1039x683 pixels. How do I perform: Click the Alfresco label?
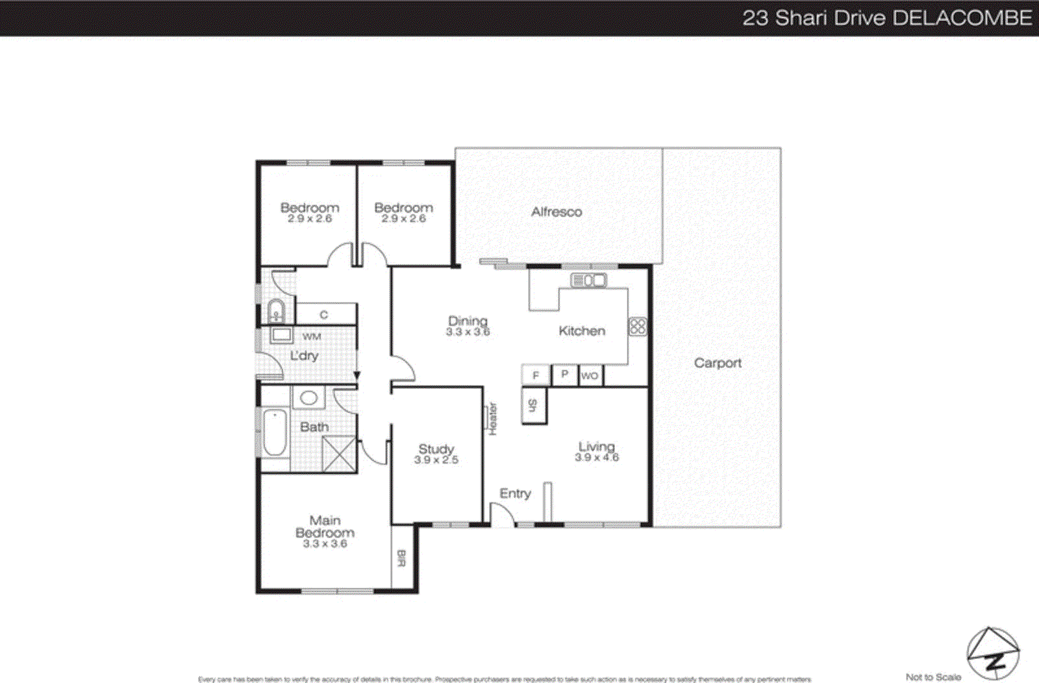(x=557, y=212)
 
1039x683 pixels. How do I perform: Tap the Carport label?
(x=718, y=363)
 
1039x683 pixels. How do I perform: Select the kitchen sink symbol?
(x=588, y=280)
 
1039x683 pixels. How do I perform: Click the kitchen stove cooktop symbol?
(x=638, y=327)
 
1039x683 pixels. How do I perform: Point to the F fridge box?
(x=536, y=375)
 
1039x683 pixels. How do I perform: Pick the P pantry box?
(x=564, y=375)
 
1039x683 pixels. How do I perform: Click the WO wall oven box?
(x=590, y=375)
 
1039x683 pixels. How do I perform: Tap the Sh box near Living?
(x=533, y=406)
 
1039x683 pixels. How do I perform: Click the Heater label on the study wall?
(x=492, y=419)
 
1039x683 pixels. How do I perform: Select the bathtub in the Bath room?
(x=275, y=432)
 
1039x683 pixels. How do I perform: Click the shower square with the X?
(x=339, y=454)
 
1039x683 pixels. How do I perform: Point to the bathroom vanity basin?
(x=308, y=397)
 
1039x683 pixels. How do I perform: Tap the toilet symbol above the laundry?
(x=276, y=312)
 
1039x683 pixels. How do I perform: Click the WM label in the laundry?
(x=312, y=336)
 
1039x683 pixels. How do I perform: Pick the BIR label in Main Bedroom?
(x=401, y=558)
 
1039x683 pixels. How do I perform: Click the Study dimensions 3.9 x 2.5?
(x=436, y=460)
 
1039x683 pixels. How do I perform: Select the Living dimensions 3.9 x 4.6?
(x=597, y=457)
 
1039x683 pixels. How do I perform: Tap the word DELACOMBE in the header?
(x=962, y=18)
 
